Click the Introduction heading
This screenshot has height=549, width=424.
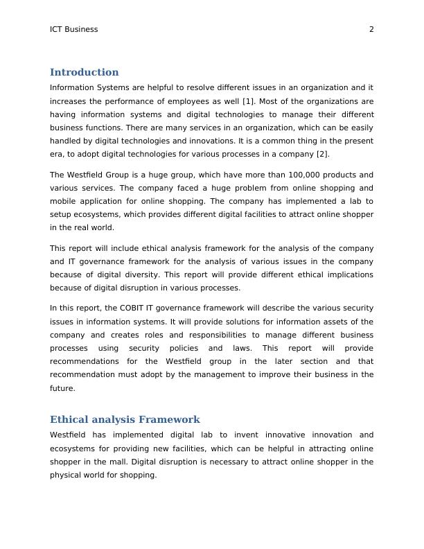[84, 72]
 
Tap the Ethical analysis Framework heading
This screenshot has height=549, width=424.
[125, 419]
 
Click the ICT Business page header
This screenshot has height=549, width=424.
[74, 29]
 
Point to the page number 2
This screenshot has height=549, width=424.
[371, 29]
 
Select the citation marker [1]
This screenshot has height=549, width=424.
[247, 101]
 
